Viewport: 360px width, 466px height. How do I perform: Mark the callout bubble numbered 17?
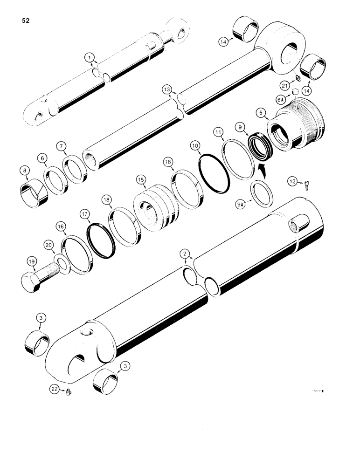tap(84, 215)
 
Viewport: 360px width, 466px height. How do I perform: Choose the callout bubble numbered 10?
tap(194, 147)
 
